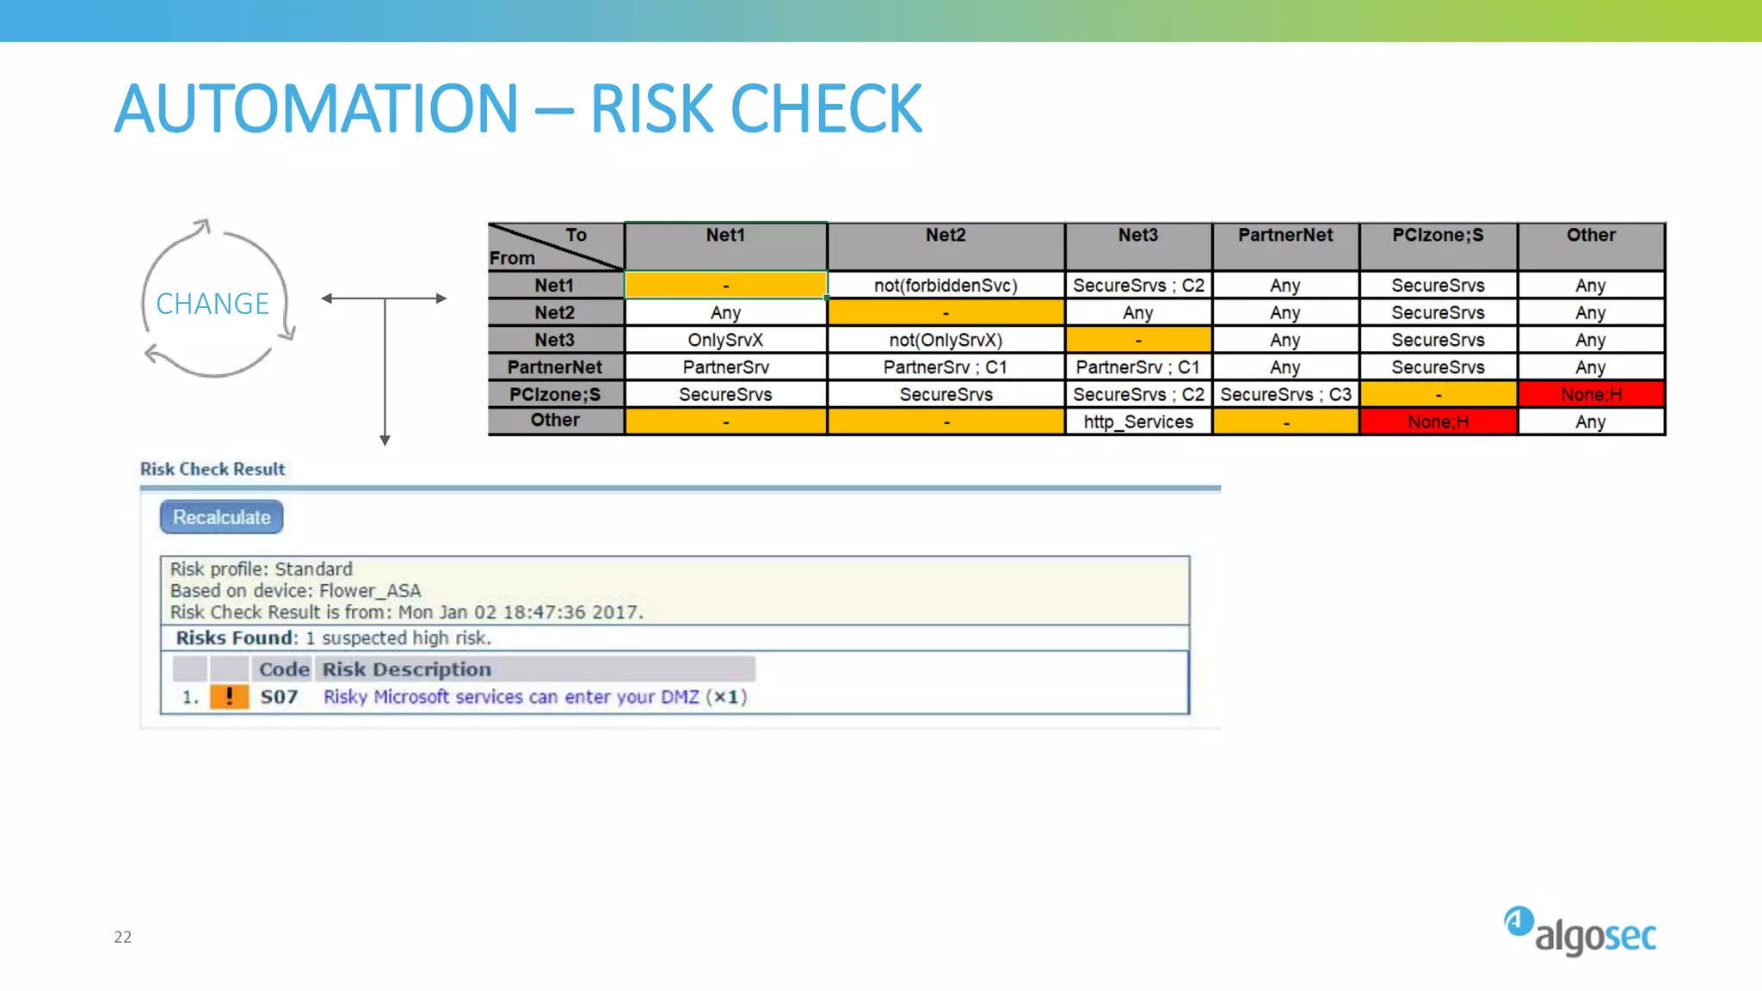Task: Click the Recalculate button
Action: (221, 517)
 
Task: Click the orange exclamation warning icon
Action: (229, 696)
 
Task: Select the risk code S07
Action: (279, 697)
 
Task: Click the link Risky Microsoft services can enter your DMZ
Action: (511, 697)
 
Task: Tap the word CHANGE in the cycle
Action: (213, 304)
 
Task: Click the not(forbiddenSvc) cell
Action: (946, 286)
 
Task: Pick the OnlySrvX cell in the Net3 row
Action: (725, 340)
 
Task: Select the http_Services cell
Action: (1137, 422)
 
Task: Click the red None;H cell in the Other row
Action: (1438, 422)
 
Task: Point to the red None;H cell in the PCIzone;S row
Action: (1591, 395)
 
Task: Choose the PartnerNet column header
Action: (1285, 236)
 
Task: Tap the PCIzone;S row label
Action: (555, 395)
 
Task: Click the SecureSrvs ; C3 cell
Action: (1285, 395)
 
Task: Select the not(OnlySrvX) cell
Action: (946, 340)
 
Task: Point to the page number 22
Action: (123, 937)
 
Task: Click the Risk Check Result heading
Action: (213, 469)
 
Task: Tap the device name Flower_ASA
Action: (370, 591)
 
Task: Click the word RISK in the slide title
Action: (650, 109)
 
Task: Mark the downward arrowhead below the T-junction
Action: (385, 440)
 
